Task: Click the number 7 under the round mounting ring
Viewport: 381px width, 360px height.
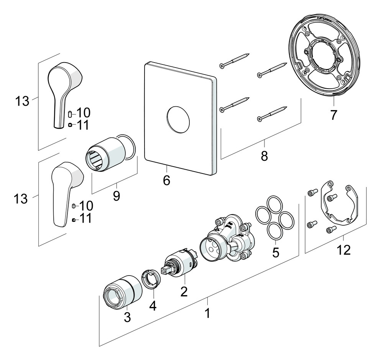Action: pos(333,115)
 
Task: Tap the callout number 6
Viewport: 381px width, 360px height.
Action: pos(166,180)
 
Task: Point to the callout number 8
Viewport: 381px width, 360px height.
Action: pos(264,156)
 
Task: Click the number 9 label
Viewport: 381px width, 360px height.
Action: pos(116,196)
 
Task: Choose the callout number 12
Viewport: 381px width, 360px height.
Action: pos(343,250)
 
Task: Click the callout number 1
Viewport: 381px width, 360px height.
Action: pos(207,313)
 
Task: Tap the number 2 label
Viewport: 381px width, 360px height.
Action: pos(184,292)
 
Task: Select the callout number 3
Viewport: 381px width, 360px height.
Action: pos(127,317)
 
